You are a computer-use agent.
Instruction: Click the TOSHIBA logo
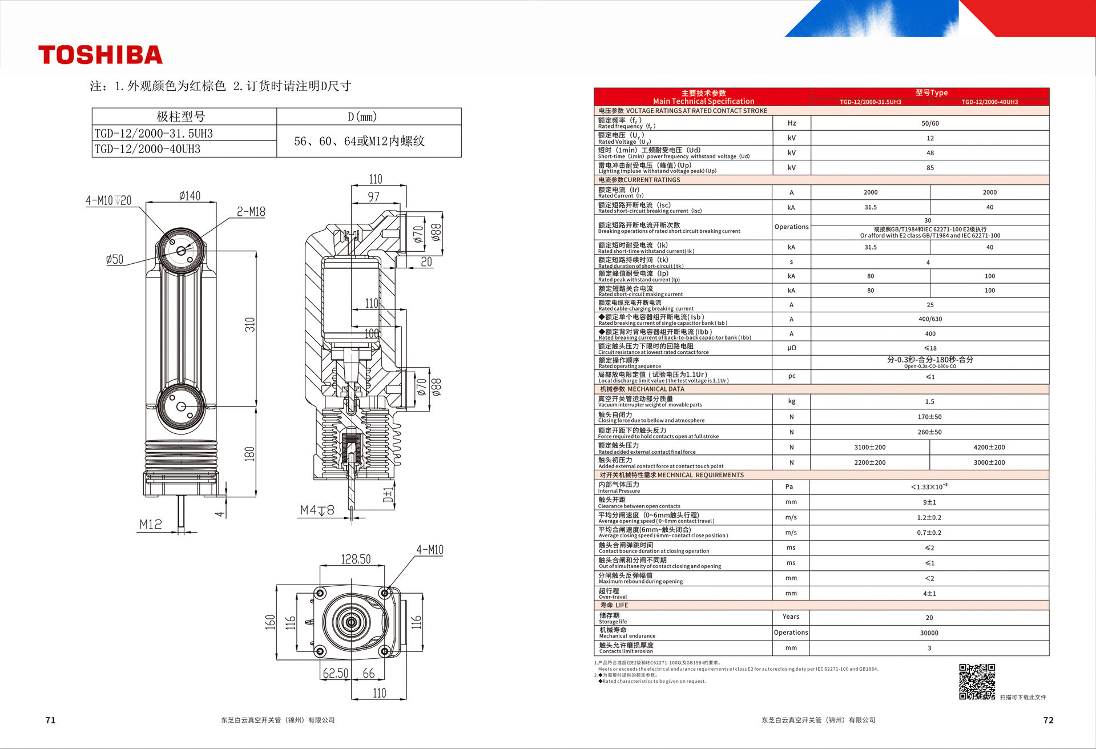pos(100,55)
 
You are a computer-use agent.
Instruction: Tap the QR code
pos(977,681)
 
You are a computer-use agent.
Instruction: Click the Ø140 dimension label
pos(190,196)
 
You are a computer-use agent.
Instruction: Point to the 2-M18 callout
pos(251,212)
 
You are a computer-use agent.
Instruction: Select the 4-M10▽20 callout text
pos(108,200)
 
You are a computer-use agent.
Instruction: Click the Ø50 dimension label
pos(115,259)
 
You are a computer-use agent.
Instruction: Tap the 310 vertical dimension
pos(250,325)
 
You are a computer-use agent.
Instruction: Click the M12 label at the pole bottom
pos(151,524)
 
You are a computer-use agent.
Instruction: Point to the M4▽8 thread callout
pos(317,510)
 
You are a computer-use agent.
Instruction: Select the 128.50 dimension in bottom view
pos(356,559)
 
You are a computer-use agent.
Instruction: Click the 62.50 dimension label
pos(336,673)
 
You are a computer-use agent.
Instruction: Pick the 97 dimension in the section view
pos(374,196)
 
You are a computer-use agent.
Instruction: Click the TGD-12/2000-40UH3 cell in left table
pos(147,149)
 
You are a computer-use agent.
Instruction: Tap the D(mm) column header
pos(362,117)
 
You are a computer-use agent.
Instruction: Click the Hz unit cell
pos(792,123)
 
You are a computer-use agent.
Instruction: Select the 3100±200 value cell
pos(870,448)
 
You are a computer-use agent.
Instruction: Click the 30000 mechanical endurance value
pos(929,633)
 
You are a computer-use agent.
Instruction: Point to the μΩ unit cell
pos(792,348)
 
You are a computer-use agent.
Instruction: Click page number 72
pos(1049,720)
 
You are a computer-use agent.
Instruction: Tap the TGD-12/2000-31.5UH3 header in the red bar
pos(871,102)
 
